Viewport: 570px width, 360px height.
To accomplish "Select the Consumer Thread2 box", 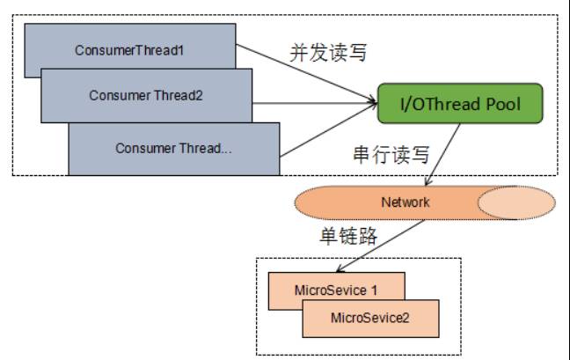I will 146,95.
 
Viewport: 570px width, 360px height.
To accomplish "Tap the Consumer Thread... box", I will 173,147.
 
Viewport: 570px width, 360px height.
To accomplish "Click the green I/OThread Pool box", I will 461,105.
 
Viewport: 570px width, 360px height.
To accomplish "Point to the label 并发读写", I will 326,52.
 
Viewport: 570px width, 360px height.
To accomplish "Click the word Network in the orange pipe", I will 405,202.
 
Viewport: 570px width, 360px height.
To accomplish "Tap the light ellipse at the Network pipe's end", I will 515,202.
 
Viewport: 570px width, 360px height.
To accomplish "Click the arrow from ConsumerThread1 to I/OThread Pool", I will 308,67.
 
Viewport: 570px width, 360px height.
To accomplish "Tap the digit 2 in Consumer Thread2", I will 200,96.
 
